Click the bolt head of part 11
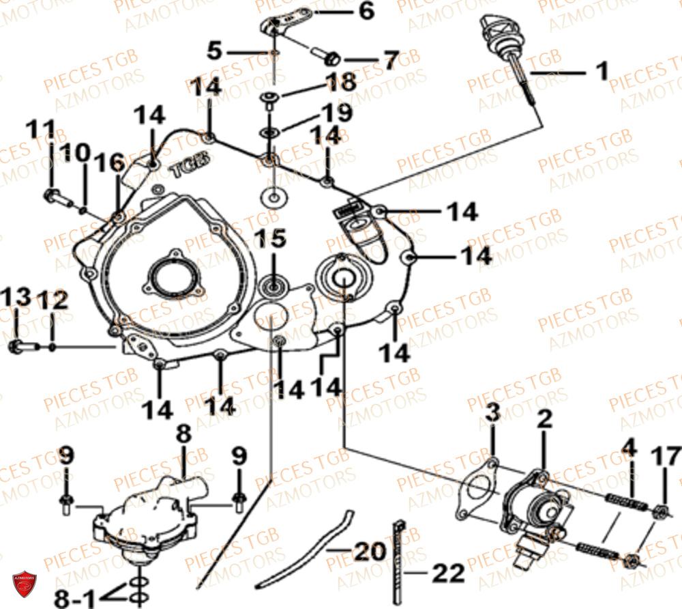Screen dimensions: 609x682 click(50, 197)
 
